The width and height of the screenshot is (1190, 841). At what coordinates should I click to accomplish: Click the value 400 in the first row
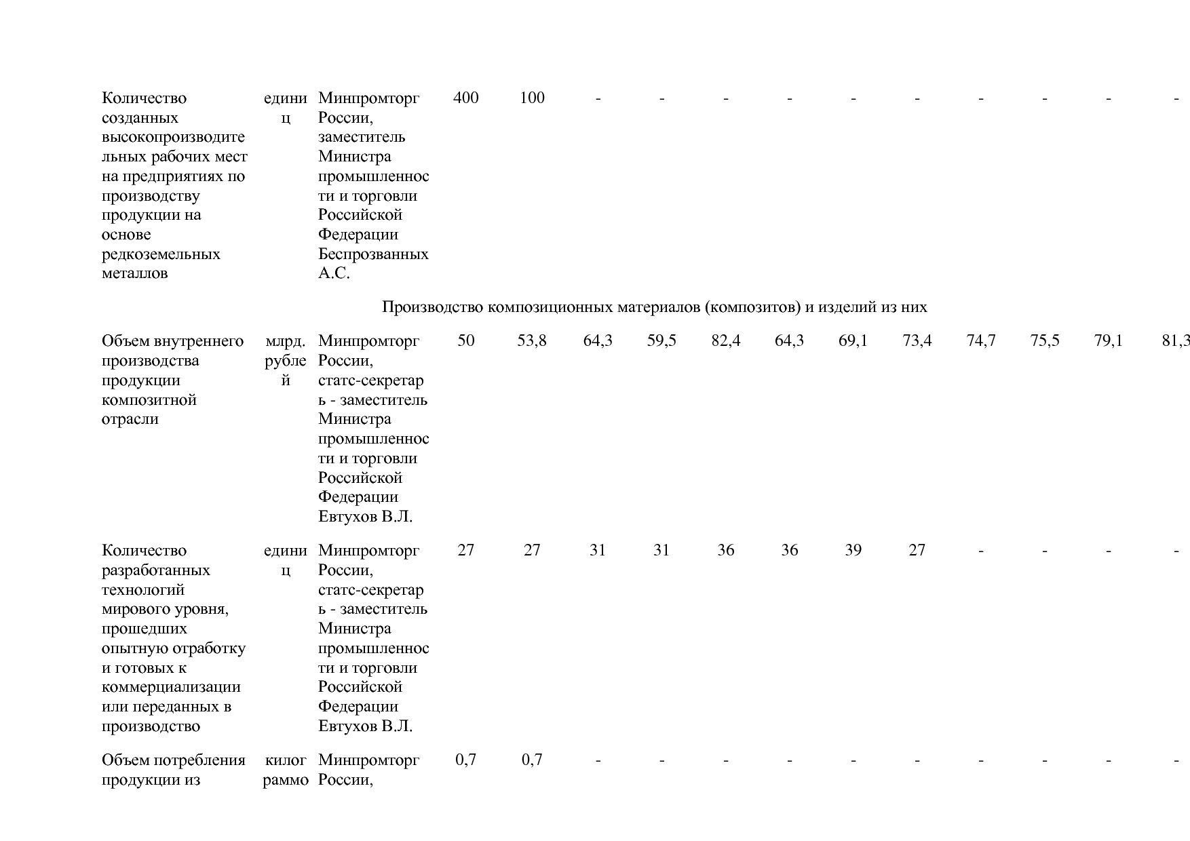point(465,98)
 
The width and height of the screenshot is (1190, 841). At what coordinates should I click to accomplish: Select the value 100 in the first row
point(532,98)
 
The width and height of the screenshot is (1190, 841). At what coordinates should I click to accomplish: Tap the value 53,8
point(532,340)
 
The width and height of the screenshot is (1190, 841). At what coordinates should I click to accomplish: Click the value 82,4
point(725,340)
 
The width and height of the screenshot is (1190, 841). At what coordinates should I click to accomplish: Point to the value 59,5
point(661,340)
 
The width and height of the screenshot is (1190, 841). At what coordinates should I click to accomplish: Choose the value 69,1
point(853,340)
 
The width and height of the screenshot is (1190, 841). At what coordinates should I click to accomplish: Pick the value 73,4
point(917,340)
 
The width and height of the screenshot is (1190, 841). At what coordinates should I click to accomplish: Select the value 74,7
point(981,340)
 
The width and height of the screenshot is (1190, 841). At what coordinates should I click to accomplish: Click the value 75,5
point(1045,340)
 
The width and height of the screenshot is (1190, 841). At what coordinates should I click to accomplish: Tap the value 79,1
point(1109,340)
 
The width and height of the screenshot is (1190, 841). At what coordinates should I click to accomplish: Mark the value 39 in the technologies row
point(853,550)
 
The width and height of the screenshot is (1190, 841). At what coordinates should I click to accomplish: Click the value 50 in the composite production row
point(465,340)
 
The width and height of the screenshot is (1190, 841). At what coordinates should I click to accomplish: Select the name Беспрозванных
point(373,254)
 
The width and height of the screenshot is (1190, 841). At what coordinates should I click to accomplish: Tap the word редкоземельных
point(161,254)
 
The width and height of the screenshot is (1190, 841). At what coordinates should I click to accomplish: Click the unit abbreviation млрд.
point(286,340)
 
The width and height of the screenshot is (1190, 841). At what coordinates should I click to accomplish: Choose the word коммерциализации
point(171,687)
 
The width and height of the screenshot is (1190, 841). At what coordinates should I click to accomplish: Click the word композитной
point(149,399)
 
